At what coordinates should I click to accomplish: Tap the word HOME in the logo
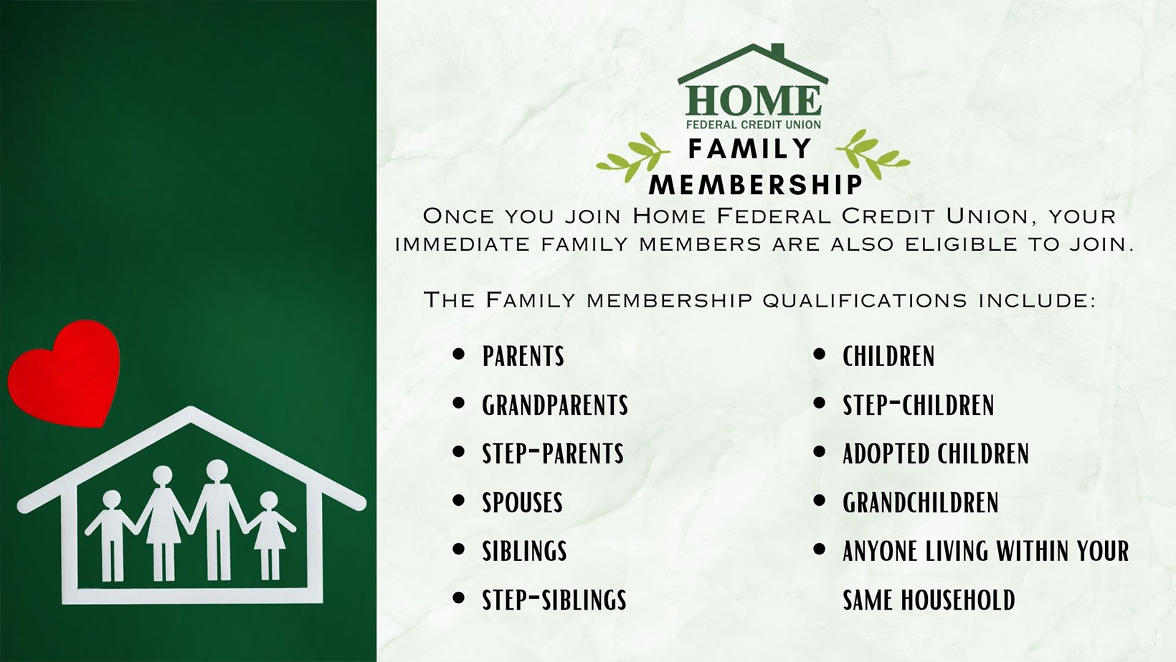pos(753,101)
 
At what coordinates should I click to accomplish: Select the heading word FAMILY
pos(749,148)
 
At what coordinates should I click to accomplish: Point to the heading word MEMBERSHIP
pos(755,184)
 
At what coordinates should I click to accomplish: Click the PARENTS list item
pos(523,356)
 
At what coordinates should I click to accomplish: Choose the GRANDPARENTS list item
pos(554,405)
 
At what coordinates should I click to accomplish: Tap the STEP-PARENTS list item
pos(552,454)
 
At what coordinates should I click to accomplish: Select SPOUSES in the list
pos(522,502)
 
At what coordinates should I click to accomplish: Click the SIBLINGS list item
pos(524,551)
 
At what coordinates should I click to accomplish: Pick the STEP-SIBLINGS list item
pos(554,600)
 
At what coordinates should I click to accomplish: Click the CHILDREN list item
pos(888,356)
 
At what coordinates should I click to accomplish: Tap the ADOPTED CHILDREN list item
pos(935,454)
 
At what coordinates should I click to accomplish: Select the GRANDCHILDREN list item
pos(920,502)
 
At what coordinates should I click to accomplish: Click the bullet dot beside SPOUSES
pos(459,502)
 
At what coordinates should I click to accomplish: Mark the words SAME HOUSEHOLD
pos(929,600)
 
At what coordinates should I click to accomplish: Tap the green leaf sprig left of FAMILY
pos(628,156)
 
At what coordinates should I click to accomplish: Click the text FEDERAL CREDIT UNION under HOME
pos(753,125)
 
